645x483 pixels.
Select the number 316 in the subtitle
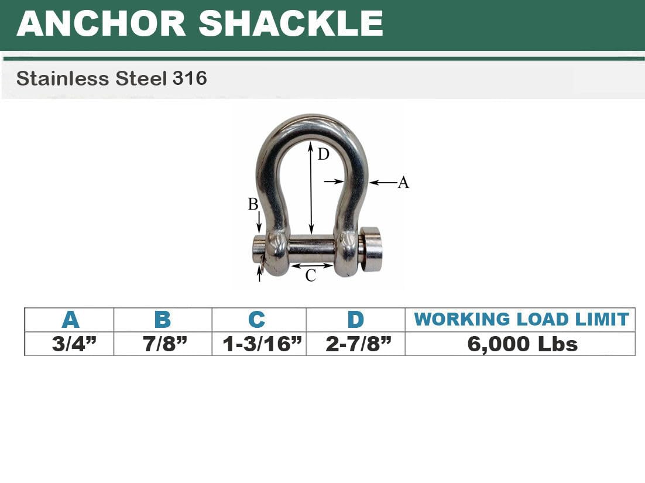tap(190, 78)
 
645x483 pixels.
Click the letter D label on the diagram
tap(324, 155)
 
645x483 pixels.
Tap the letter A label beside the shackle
tap(403, 183)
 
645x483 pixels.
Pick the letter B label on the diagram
tap(253, 204)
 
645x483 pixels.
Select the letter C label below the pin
tap(311, 275)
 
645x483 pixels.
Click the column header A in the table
tap(70, 320)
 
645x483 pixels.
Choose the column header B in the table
tap(162, 320)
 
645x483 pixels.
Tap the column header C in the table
tap(256, 320)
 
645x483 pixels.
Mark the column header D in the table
tap(355, 320)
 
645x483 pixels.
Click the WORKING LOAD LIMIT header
tap(521, 319)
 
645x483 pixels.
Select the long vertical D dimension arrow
tap(311, 187)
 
